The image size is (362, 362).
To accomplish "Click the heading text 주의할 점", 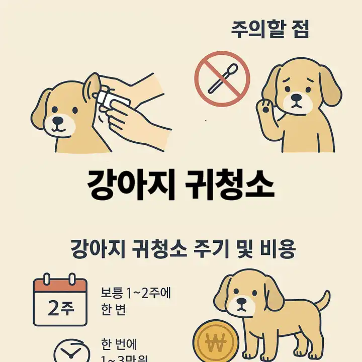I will click(269, 29).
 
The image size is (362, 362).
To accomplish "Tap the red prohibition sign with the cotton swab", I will click(222, 79).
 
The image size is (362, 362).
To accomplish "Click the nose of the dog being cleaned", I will click(60, 121).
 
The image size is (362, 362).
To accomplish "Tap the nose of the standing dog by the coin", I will click(242, 304).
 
